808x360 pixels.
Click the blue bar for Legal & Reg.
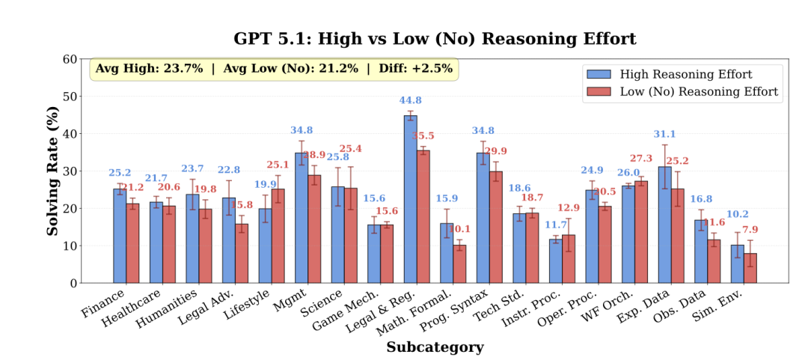tap(411, 199)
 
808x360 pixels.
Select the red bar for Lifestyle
tap(278, 236)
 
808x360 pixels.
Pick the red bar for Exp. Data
tap(677, 236)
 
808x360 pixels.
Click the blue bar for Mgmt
tap(302, 218)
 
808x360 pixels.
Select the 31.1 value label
tap(664, 135)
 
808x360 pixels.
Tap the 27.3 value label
tap(640, 159)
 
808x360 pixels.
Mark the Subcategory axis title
tap(435, 347)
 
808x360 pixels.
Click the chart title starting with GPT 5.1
tap(435, 39)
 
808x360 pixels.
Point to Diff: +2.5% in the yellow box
tap(414, 69)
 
